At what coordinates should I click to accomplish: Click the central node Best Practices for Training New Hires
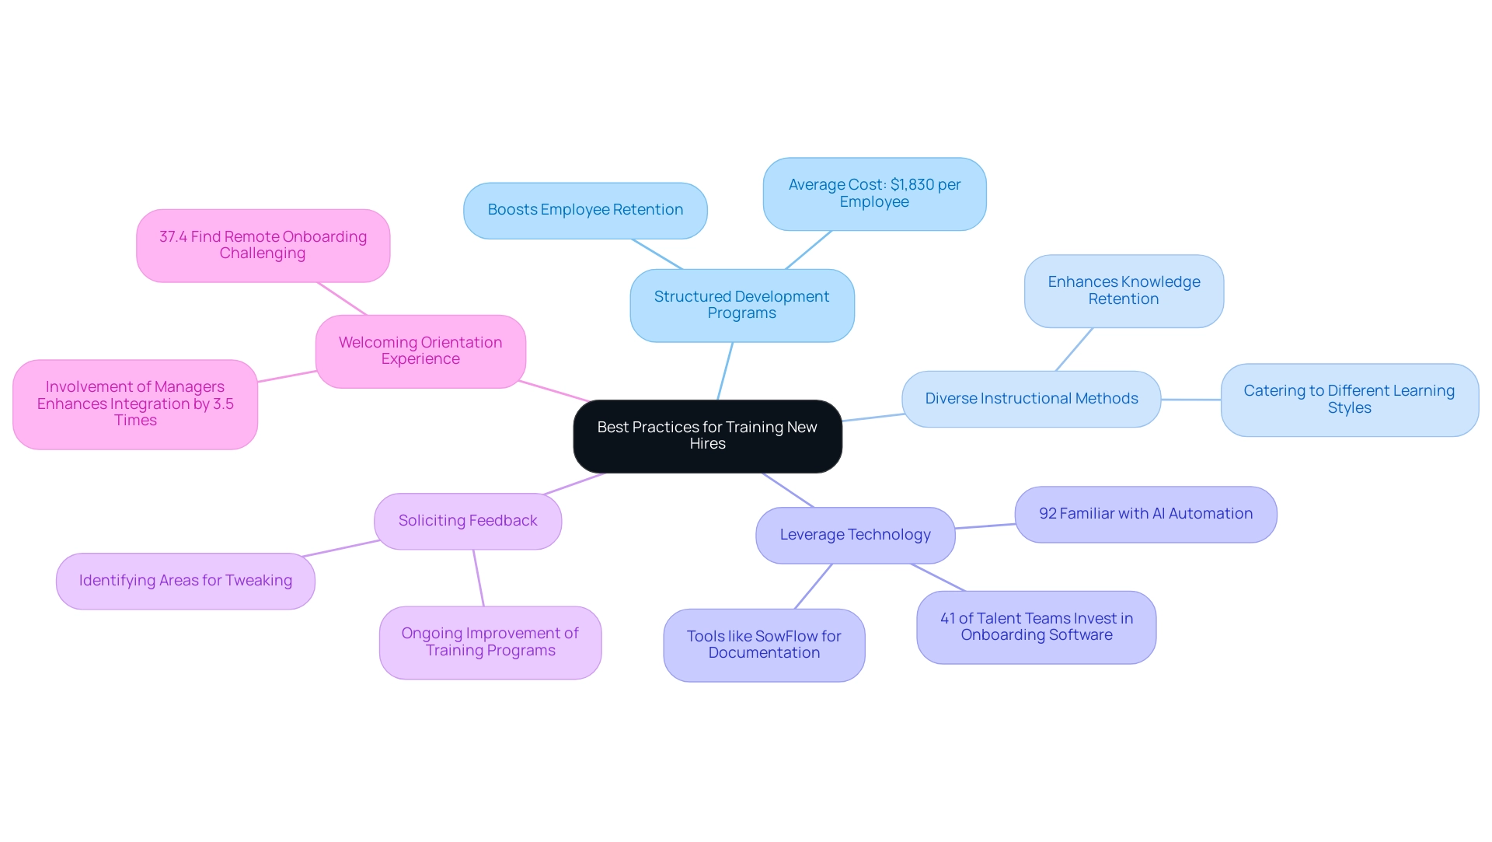pyautogui.click(x=707, y=436)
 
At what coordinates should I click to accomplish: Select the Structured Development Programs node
pyautogui.click(x=741, y=306)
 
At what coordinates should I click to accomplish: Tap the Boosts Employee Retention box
pyautogui.click(x=585, y=211)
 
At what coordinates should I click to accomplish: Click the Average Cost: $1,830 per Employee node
pyautogui.click(x=874, y=194)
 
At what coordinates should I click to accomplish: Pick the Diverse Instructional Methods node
pyautogui.click(x=1031, y=399)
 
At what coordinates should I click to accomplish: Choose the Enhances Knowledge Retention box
pyautogui.click(x=1124, y=291)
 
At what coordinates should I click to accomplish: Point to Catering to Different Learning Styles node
pyautogui.click(x=1349, y=400)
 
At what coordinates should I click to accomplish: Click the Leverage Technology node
pyautogui.click(x=855, y=535)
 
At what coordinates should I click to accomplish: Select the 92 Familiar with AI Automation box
pyautogui.click(x=1145, y=514)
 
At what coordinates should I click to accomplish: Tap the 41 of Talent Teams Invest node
pyautogui.click(x=1036, y=627)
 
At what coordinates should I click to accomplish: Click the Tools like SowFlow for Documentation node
pyautogui.click(x=764, y=645)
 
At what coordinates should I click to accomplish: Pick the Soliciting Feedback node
pyautogui.click(x=468, y=521)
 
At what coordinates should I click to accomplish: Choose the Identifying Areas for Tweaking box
pyautogui.click(x=186, y=581)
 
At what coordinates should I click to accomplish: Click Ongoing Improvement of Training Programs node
pyautogui.click(x=490, y=642)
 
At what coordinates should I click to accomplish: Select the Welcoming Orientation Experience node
pyautogui.click(x=420, y=351)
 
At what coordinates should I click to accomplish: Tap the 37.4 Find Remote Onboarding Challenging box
pyautogui.click(x=263, y=246)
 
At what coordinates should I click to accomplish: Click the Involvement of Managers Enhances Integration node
pyautogui.click(x=135, y=404)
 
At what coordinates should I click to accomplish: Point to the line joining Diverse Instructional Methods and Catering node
pyautogui.click(x=1190, y=400)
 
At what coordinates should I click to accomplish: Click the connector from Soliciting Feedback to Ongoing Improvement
pyautogui.click(x=479, y=578)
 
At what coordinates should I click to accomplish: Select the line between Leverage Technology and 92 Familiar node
pyautogui.click(x=985, y=526)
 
